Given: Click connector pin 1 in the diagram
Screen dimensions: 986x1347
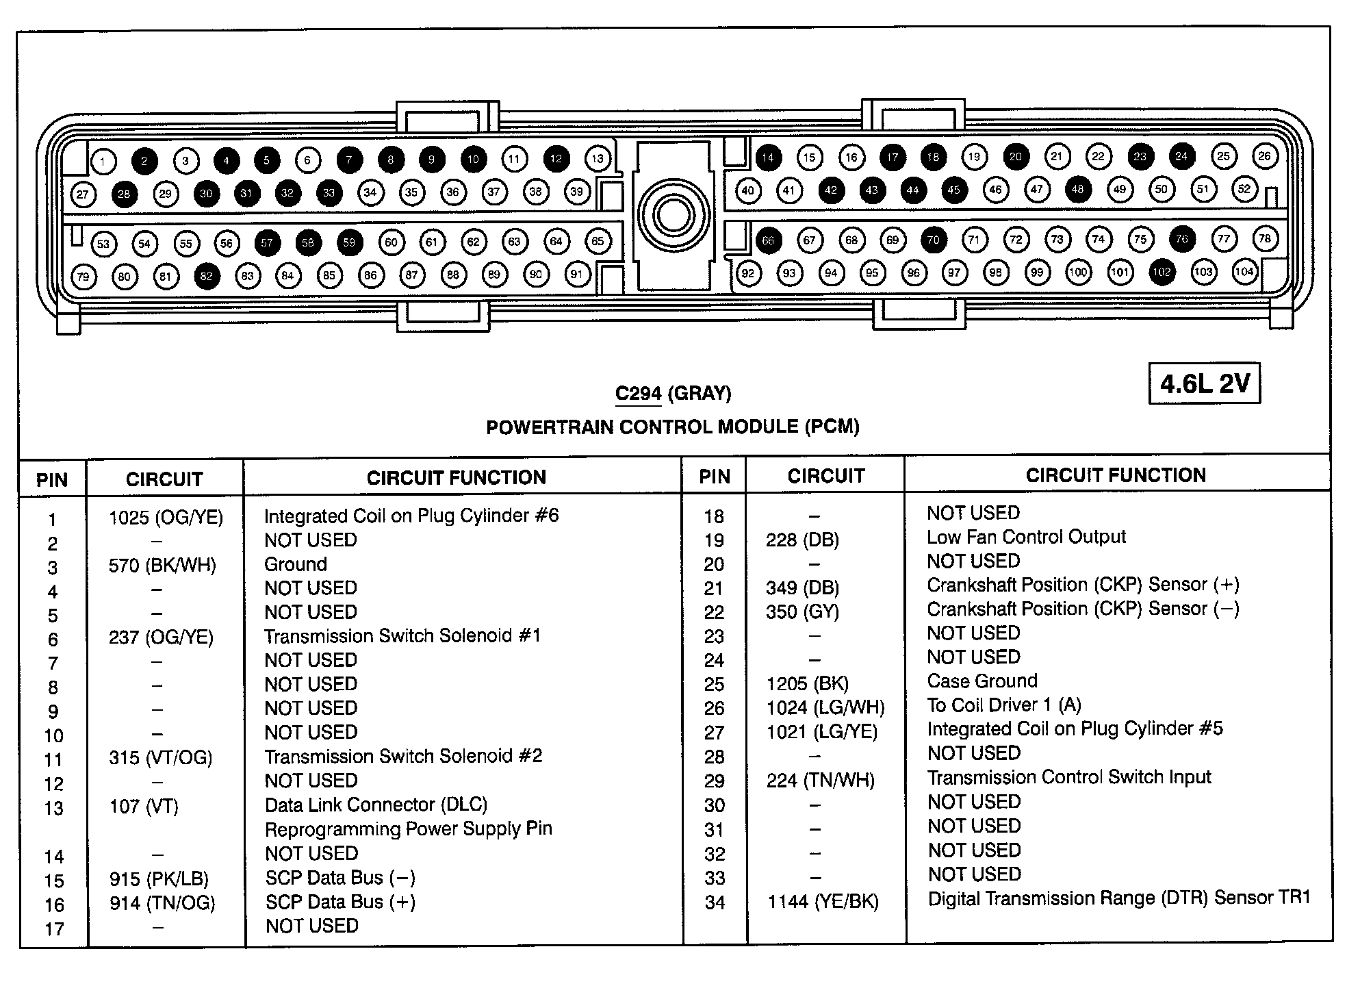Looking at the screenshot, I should click(103, 162).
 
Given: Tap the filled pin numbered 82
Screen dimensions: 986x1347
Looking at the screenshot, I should click(206, 277).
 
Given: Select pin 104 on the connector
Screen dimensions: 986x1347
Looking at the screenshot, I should click(1244, 272).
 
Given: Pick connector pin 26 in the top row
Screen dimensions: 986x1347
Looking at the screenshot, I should click(1263, 156).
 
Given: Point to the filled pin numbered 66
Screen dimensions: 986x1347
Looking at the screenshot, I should click(768, 240).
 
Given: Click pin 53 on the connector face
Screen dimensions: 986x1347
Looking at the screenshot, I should click(103, 244).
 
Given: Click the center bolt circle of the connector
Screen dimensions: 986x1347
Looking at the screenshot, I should click(673, 216).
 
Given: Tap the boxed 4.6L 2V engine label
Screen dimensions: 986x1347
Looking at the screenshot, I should click(1204, 384).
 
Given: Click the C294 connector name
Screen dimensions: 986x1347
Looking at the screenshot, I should click(638, 394).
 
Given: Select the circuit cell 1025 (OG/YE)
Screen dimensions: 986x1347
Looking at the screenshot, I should click(166, 518).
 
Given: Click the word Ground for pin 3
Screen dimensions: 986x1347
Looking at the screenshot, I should click(296, 564).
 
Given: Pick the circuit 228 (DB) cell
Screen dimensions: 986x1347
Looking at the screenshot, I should click(802, 540).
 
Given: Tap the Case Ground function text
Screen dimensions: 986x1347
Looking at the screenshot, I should click(982, 681).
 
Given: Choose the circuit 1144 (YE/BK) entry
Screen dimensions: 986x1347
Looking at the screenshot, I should click(823, 902).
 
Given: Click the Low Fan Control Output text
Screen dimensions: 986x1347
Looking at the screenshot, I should click(1026, 537).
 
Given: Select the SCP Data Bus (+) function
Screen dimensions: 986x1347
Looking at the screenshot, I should click(340, 902).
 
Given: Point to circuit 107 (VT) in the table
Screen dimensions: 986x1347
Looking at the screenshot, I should click(143, 806).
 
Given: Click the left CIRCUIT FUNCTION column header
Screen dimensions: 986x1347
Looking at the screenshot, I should click(457, 478).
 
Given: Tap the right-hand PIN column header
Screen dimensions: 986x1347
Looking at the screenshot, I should click(715, 477).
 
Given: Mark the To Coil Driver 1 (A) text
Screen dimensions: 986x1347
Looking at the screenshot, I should click(1004, 705).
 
